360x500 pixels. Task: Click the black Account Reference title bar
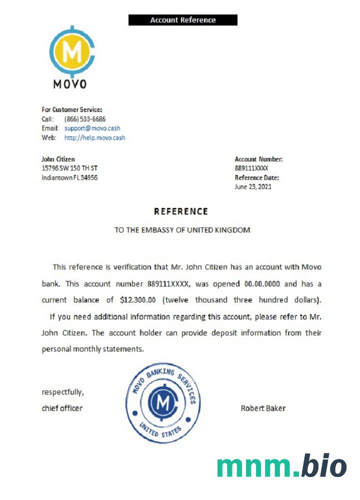[x=182, y=20]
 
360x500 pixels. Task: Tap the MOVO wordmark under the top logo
[x=70, y=84]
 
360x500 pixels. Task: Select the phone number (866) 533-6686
[x=85, y=119]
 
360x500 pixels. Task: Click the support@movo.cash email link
[x=92, y=128]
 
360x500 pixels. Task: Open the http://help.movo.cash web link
[x=95, y=137]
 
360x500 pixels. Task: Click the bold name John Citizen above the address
[x=58, y=159]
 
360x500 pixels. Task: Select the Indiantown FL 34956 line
[x=69, y=177]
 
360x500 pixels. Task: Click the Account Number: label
[x=258, y=159]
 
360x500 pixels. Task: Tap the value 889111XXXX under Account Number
[x=251, y=168]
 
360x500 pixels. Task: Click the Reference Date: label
[x=257, y=177]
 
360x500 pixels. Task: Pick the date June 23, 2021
[x=253, y=186]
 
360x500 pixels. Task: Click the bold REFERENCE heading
[x=180, y=211]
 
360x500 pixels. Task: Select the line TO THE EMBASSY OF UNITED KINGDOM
[x=182, y=230]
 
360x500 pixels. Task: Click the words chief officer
[x=62, y=408]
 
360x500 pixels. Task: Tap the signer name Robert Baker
[x=263, y=408]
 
